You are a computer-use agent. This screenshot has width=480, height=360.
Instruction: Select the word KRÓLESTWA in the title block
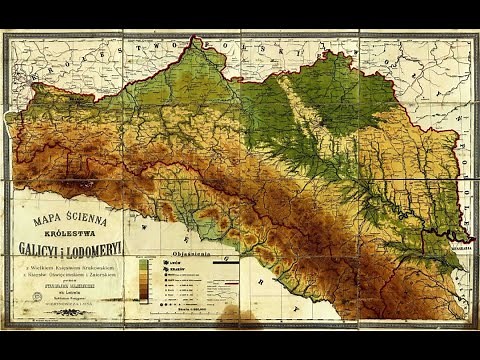point(66,227)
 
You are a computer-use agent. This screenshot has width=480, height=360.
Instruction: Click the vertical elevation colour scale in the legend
point(147,280)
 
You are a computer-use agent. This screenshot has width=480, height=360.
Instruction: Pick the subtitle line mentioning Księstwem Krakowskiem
point(66,266)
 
